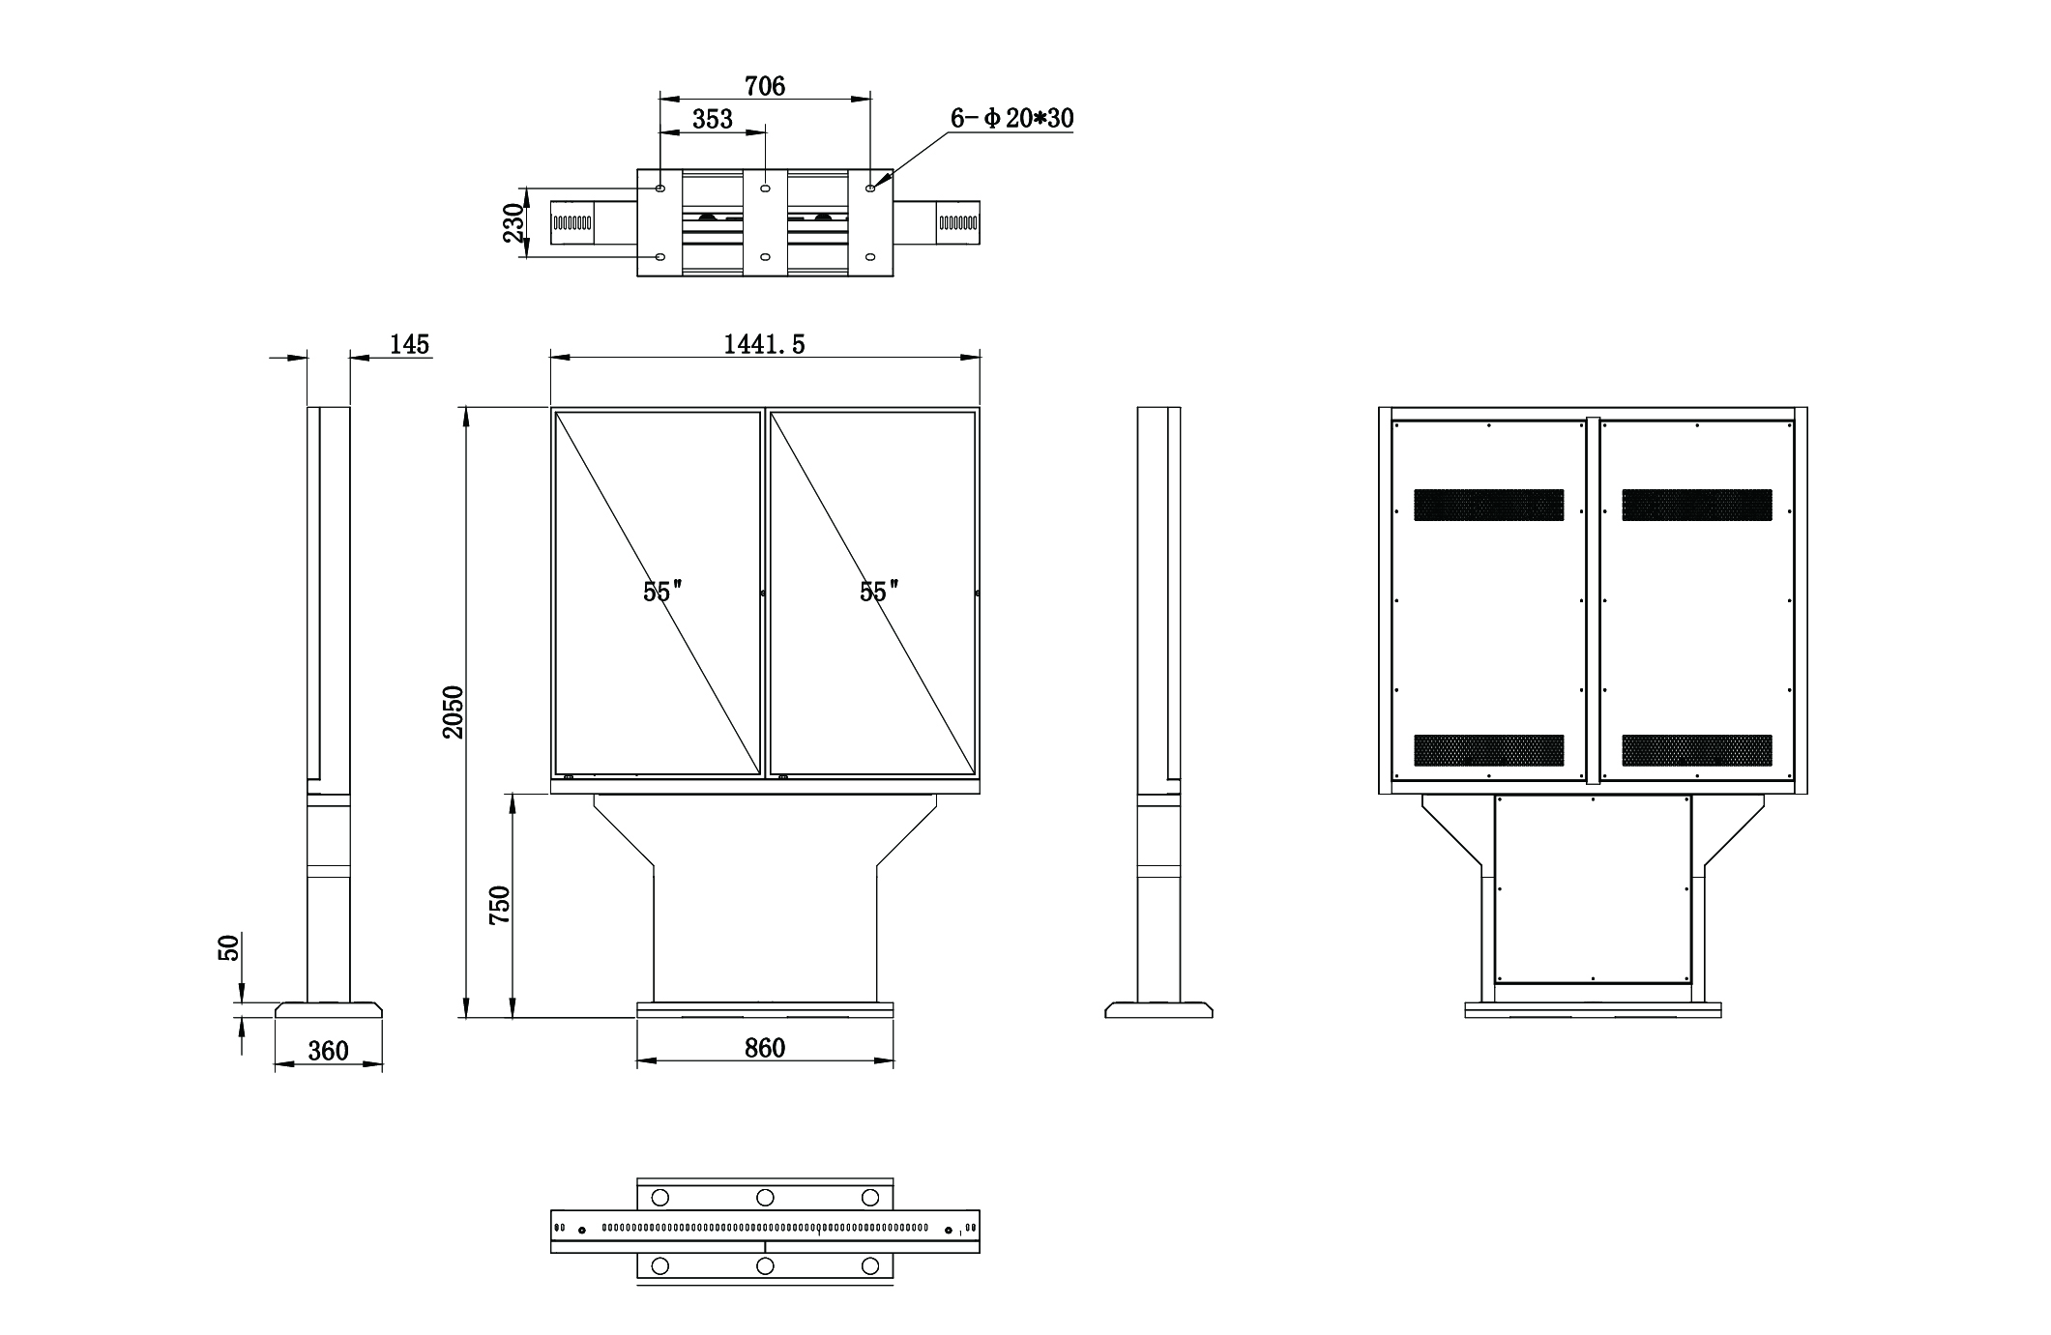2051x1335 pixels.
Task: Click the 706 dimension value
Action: point(764,86)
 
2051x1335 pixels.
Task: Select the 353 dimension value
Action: point(713,119)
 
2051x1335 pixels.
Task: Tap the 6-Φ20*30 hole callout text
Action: point(1011,118)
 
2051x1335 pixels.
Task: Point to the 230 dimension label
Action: point(513,223)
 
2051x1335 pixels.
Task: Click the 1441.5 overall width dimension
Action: point(764,344)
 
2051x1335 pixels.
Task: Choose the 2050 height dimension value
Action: point(454,712)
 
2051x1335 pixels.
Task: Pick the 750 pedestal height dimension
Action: point(499,906)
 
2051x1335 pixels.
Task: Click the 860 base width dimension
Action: point(764,1048)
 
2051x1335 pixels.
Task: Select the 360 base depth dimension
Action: point(328,1051)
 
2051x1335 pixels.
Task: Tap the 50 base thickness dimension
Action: point(229,947)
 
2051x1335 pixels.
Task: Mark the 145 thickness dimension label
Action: point(409,344)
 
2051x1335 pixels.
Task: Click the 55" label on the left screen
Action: point(662,592)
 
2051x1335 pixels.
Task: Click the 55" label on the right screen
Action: point(879,592)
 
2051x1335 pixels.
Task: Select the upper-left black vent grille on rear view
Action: point(1488,505)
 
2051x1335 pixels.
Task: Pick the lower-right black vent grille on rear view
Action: point(1697,750)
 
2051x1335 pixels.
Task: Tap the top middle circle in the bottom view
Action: point(765,1197)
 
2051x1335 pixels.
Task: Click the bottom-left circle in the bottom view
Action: point(660,1265)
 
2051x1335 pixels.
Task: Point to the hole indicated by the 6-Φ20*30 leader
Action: point(870,189)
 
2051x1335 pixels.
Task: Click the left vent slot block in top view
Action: point(571,223)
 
